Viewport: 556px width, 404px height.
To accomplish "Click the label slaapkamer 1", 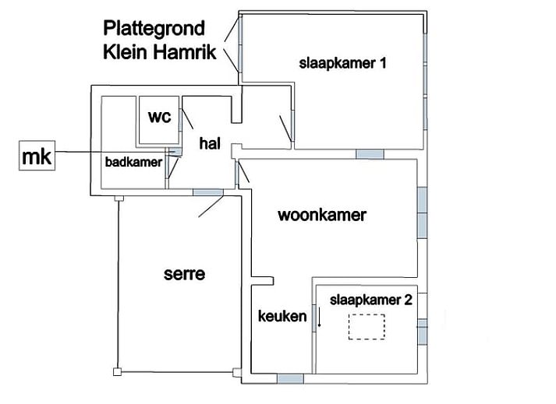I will (342, 63).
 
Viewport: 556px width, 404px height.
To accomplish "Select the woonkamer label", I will (321, 215).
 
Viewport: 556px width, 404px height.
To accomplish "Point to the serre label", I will (184, 273).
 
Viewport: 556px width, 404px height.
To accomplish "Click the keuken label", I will (282, 317).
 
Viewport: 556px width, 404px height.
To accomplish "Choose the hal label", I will (209, 142).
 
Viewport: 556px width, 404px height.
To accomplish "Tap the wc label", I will (159, 117).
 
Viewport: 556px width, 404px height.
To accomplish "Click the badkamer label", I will (133, 162).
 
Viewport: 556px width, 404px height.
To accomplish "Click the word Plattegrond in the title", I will (154, 30).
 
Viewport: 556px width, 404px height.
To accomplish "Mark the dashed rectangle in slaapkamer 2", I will (367, 326).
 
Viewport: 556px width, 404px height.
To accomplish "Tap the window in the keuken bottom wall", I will (290, 379).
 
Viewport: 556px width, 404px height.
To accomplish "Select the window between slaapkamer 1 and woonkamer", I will (370, 154).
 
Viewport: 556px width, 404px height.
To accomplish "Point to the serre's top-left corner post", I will (117, 198).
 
